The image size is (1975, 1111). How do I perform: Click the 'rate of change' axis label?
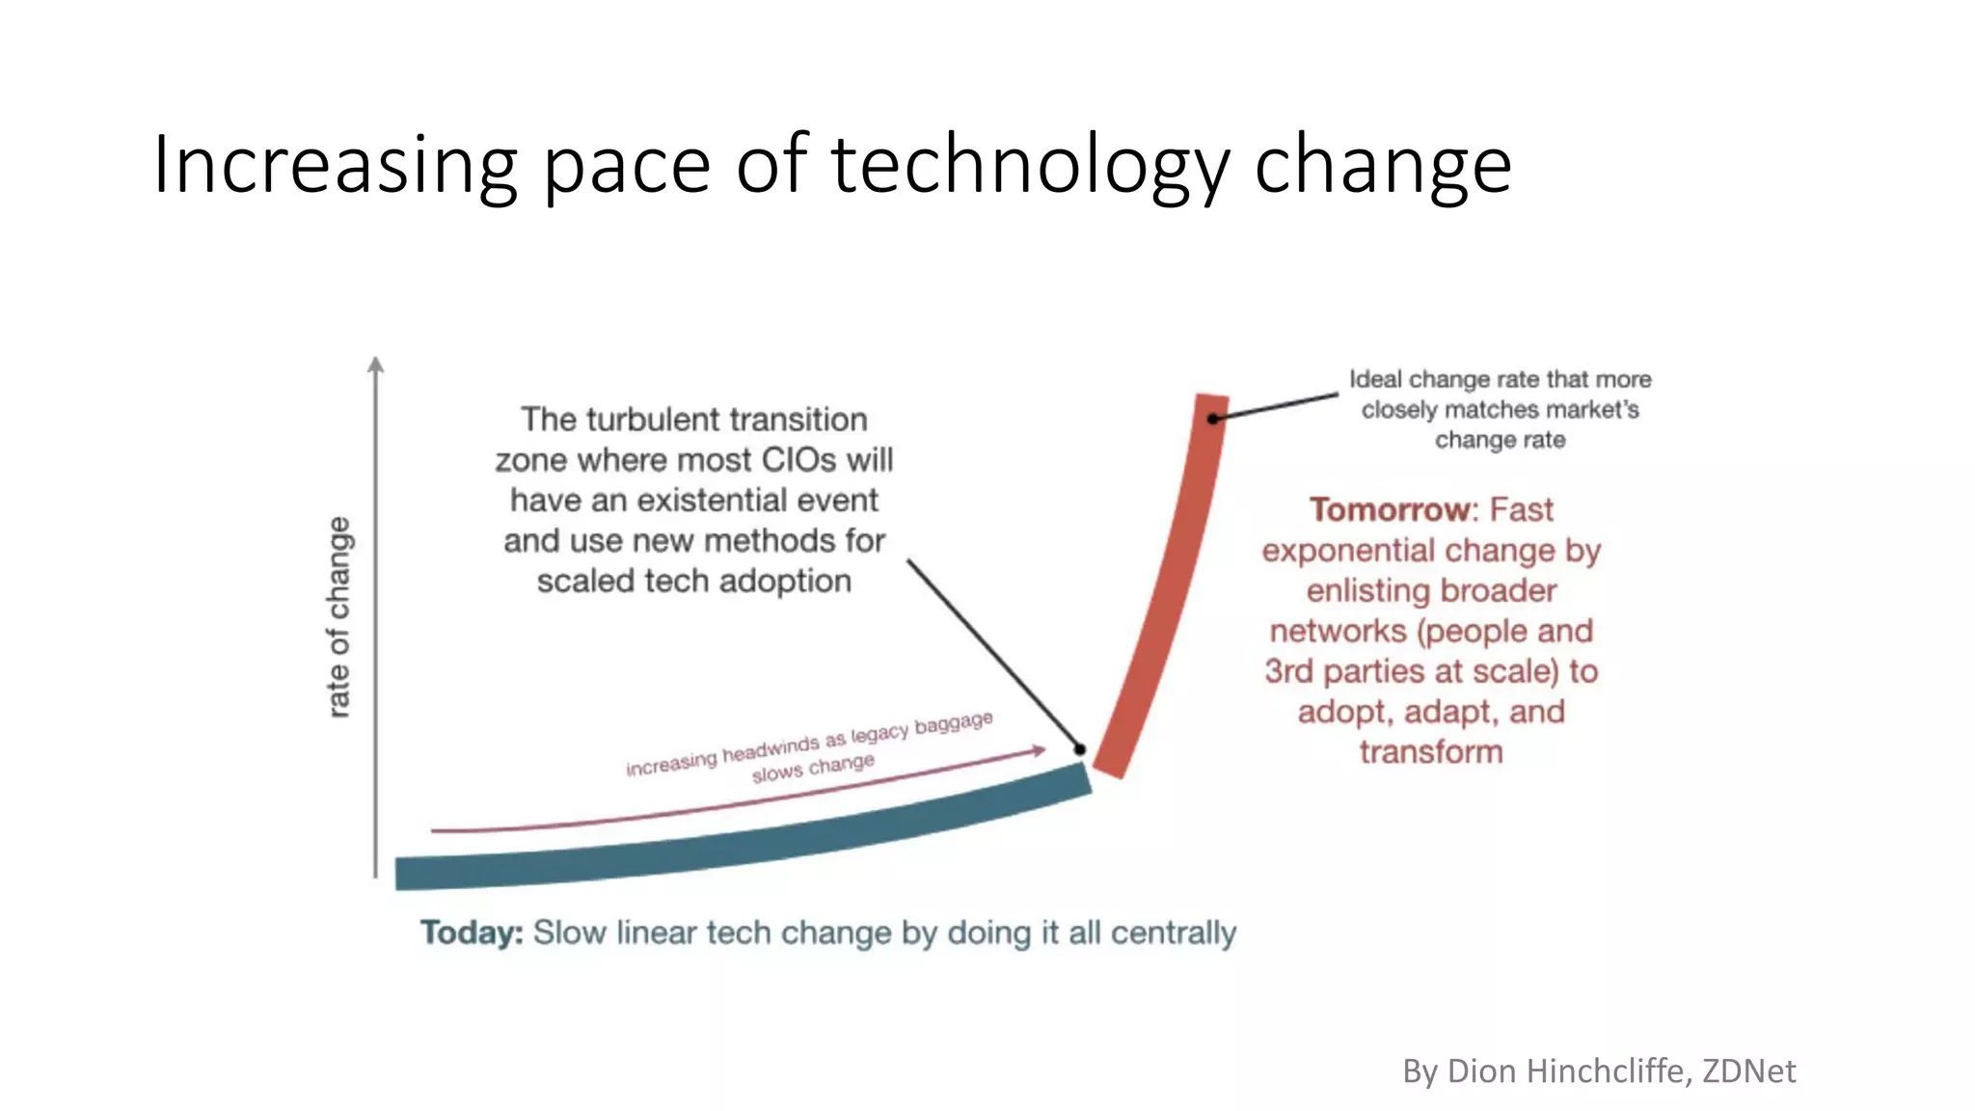tap(338, 617)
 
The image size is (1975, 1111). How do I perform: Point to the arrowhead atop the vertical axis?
tap(376, 365)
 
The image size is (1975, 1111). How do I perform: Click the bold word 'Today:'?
tap(472, 933)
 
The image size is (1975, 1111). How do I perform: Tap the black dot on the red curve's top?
tap(1213, 419)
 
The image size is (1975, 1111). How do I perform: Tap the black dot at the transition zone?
tap(1080, 749)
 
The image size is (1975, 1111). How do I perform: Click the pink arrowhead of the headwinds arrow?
tap(1040, 750)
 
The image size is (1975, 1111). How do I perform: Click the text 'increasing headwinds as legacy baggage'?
tap(808, 744)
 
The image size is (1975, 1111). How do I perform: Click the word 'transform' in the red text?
tap(1431, 752)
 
